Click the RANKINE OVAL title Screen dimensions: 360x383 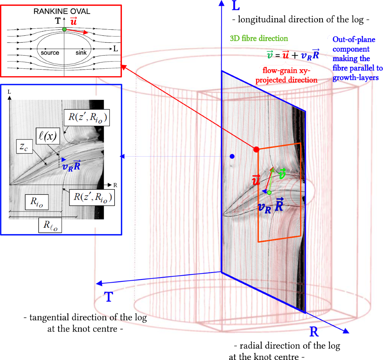62,11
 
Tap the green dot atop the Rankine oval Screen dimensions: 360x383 64,29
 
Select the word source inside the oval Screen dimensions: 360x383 50,53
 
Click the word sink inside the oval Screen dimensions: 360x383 81,53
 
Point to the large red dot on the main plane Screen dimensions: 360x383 256,149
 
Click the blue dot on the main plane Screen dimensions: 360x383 232,156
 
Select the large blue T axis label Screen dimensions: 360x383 109,297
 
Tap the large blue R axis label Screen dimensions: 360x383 314,332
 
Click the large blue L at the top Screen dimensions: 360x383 236,6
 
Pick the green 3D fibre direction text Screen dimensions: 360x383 259,39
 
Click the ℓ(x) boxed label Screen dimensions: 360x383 48,136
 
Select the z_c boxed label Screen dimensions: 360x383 24,147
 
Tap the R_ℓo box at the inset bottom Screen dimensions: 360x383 50,225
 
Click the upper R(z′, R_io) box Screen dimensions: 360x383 87,118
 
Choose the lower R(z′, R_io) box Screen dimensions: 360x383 92,197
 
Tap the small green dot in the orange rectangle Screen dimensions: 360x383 269,193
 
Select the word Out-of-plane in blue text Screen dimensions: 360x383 354,40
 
